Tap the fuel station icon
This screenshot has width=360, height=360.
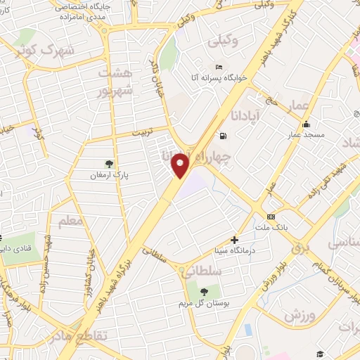tap(223, 136)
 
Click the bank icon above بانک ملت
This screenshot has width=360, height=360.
tap(270, 217)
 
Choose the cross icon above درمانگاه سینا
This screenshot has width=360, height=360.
tap(234, 240)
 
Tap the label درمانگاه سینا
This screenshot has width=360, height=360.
tap(234, 250)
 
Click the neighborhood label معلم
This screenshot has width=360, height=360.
tap(71, 222)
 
